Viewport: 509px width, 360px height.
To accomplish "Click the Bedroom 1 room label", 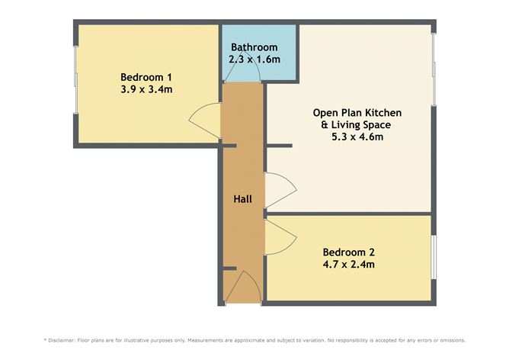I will tap(146, 76).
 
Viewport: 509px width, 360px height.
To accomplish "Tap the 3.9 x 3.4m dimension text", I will tap(146, 88).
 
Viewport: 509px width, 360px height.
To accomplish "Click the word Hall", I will tap(242, 199).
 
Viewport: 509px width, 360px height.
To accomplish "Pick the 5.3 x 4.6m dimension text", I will tap(357, 137).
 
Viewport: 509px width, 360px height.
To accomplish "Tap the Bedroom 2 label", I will tap(348, 252).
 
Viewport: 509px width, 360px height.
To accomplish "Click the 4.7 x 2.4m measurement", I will tap(348, 265).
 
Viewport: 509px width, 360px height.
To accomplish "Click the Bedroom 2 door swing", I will tap(280, 236).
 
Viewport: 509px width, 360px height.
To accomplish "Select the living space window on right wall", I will tap(434, 69).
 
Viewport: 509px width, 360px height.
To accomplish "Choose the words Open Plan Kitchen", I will tap(357, 113).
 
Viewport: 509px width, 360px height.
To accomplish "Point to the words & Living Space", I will tap(357, 125).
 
